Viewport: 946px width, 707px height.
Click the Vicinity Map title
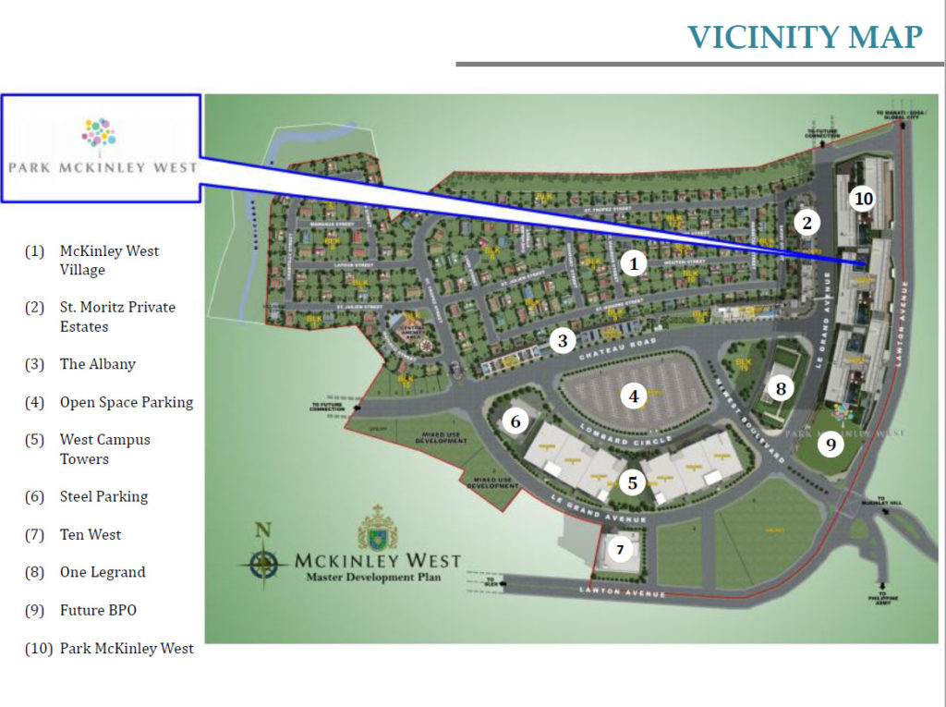(x=804, y=37)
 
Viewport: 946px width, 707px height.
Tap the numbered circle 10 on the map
(x=863, y=199)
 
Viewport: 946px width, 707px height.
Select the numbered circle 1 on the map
(x=634, y=264)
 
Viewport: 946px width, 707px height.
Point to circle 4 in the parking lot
(x=634, y=396)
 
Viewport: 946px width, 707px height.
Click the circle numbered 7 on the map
(x=620, y=551)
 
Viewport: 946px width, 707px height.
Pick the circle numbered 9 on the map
(x=831, y=445)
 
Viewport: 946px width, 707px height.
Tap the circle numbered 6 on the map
(x=515, y=422)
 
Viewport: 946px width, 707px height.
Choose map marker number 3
(x=563, y=341)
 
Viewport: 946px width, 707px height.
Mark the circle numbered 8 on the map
(x=781, y=389)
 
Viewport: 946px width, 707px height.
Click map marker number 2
(x=807, y=223)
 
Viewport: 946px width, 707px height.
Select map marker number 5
(x=632, y=482)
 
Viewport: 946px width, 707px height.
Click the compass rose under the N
(x=264, y=561)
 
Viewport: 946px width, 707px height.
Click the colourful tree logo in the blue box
(x=99, y=133)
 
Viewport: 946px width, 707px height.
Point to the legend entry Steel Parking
(x=103, y=497)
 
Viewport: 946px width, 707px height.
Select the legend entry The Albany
(x=97, y=364)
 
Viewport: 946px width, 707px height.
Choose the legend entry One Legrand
(x=103, y=573)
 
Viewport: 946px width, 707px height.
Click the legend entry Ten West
(x=91, y=535)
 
